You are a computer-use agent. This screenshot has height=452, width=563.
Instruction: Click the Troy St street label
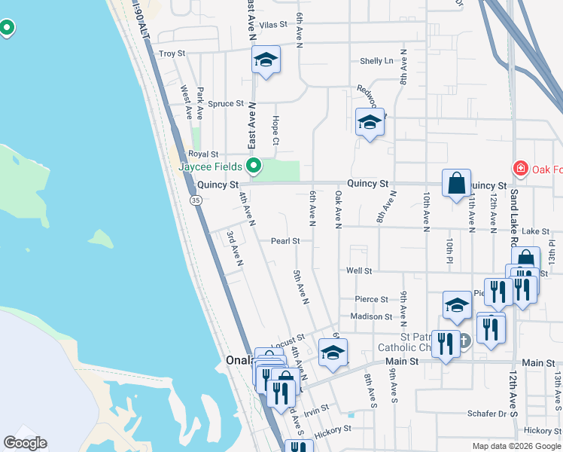(x=172, y=53)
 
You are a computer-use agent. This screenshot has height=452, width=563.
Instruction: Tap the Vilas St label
(x=274, y=24)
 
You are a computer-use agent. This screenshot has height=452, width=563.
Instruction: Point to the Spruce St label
(x=226, y=103)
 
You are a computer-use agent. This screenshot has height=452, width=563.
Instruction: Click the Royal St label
(x=203, y=154)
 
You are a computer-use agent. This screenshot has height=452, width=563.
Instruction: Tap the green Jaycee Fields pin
(x=254, y=165)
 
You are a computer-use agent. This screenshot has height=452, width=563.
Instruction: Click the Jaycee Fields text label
(x=209, y=166)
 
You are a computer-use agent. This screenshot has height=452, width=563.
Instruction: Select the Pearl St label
(x=286, y=241)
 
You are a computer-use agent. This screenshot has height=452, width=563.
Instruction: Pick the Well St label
(x=359, y=270)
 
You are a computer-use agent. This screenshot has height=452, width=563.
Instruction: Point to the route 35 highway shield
(x=196, y=200)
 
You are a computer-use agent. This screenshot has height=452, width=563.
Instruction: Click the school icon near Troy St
(x=266, y=60)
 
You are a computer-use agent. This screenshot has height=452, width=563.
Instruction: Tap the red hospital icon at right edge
(x=519, y=168)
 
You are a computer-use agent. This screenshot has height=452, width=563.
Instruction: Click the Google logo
(x=25, y=443)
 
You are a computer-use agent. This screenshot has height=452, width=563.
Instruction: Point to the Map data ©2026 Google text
(x=517, y=446)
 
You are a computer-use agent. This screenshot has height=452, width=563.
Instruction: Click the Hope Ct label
(x=275, y=130)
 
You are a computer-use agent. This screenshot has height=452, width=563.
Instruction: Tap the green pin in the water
(x=7, y=29)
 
